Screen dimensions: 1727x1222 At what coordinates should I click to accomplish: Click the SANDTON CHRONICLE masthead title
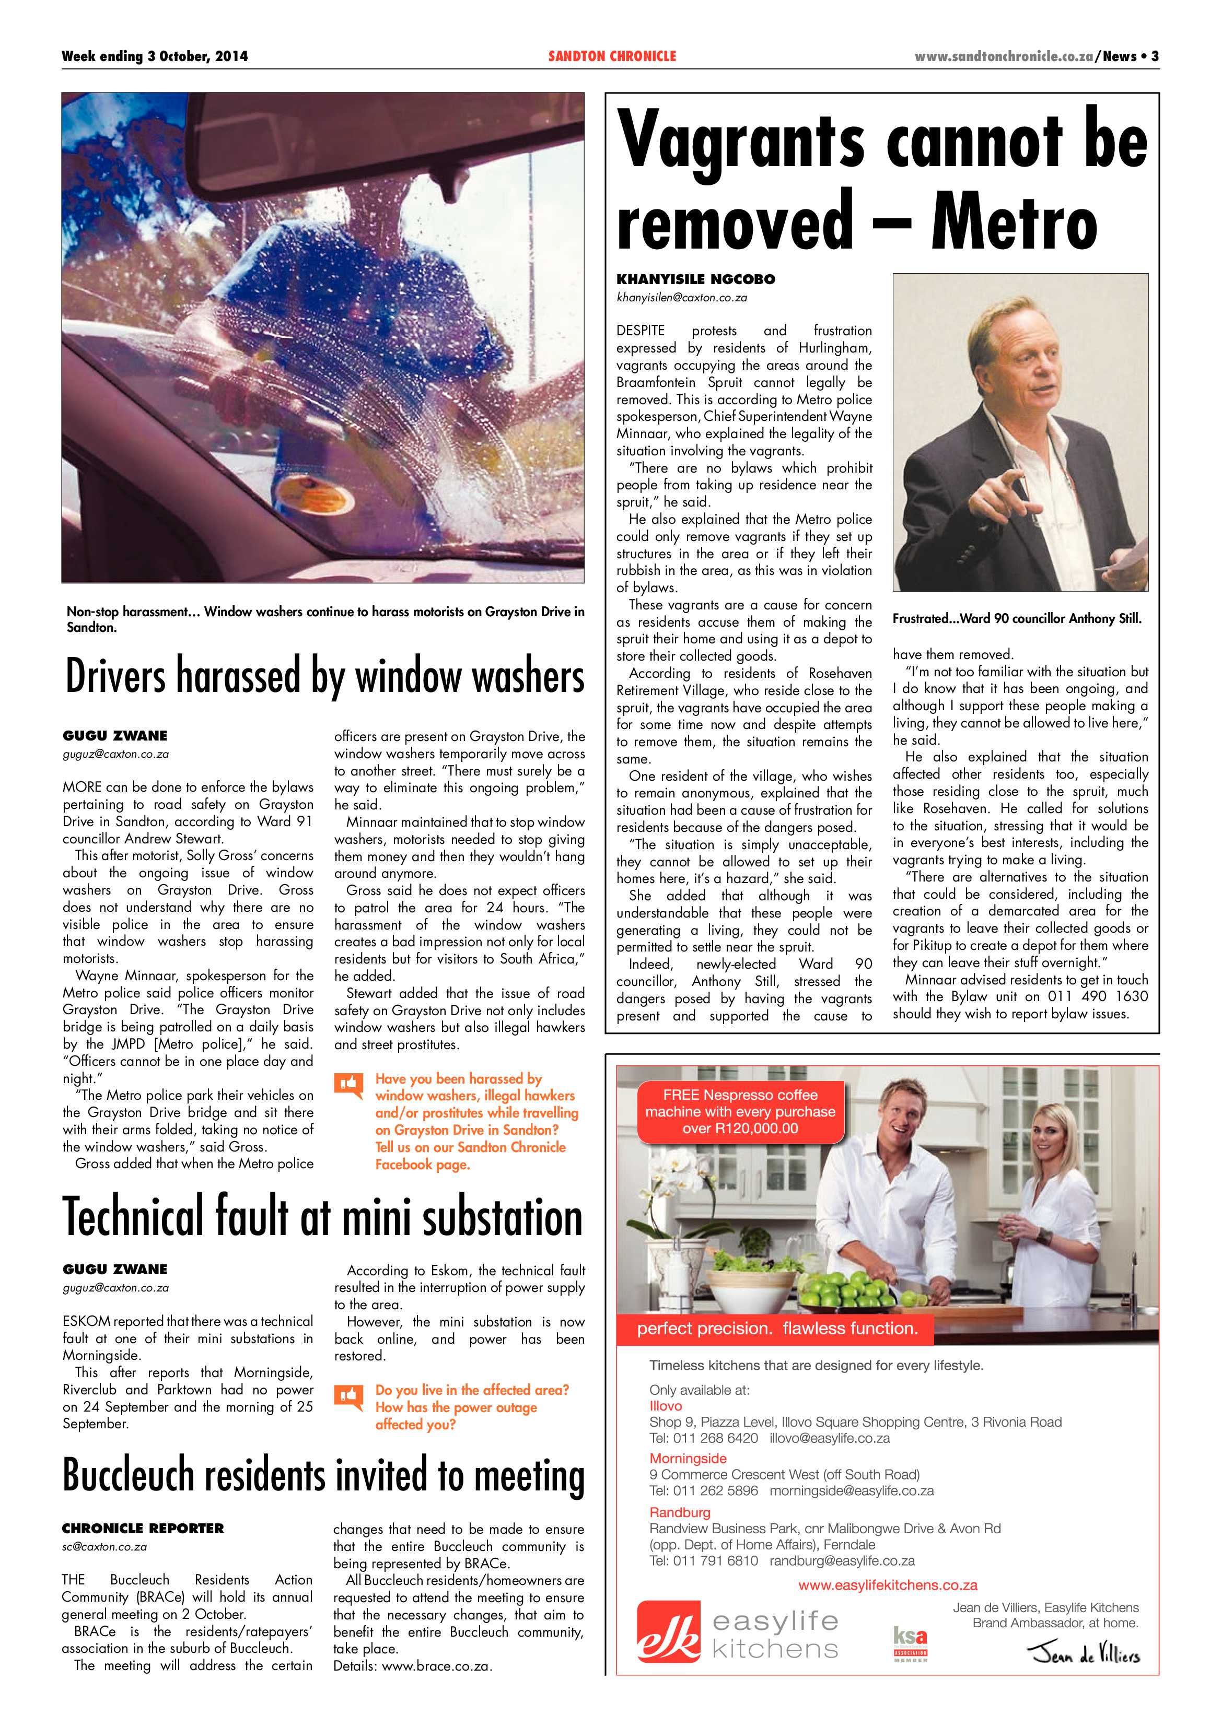612,56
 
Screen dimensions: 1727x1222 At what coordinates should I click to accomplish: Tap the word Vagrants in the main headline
740,143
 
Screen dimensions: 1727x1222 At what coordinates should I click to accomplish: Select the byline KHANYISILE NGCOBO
695,279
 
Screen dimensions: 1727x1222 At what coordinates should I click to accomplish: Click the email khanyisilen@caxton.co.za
682,297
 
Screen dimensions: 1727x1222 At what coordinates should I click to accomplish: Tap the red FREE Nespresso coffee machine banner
740,1112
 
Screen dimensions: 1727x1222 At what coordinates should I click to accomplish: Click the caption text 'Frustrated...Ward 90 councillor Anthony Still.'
1017,618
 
